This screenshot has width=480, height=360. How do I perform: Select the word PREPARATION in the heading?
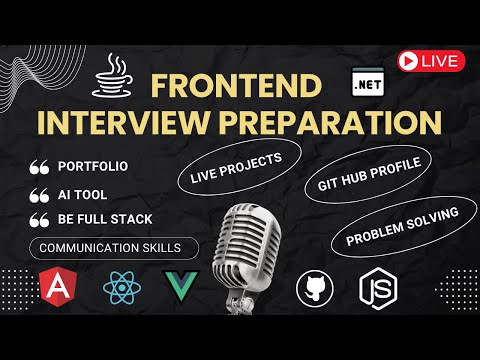(330, 121)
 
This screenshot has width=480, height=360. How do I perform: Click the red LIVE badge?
(430, 60)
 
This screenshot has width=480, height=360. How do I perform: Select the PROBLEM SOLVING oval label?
(403, 226)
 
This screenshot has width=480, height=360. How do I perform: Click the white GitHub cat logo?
(313, 288)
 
